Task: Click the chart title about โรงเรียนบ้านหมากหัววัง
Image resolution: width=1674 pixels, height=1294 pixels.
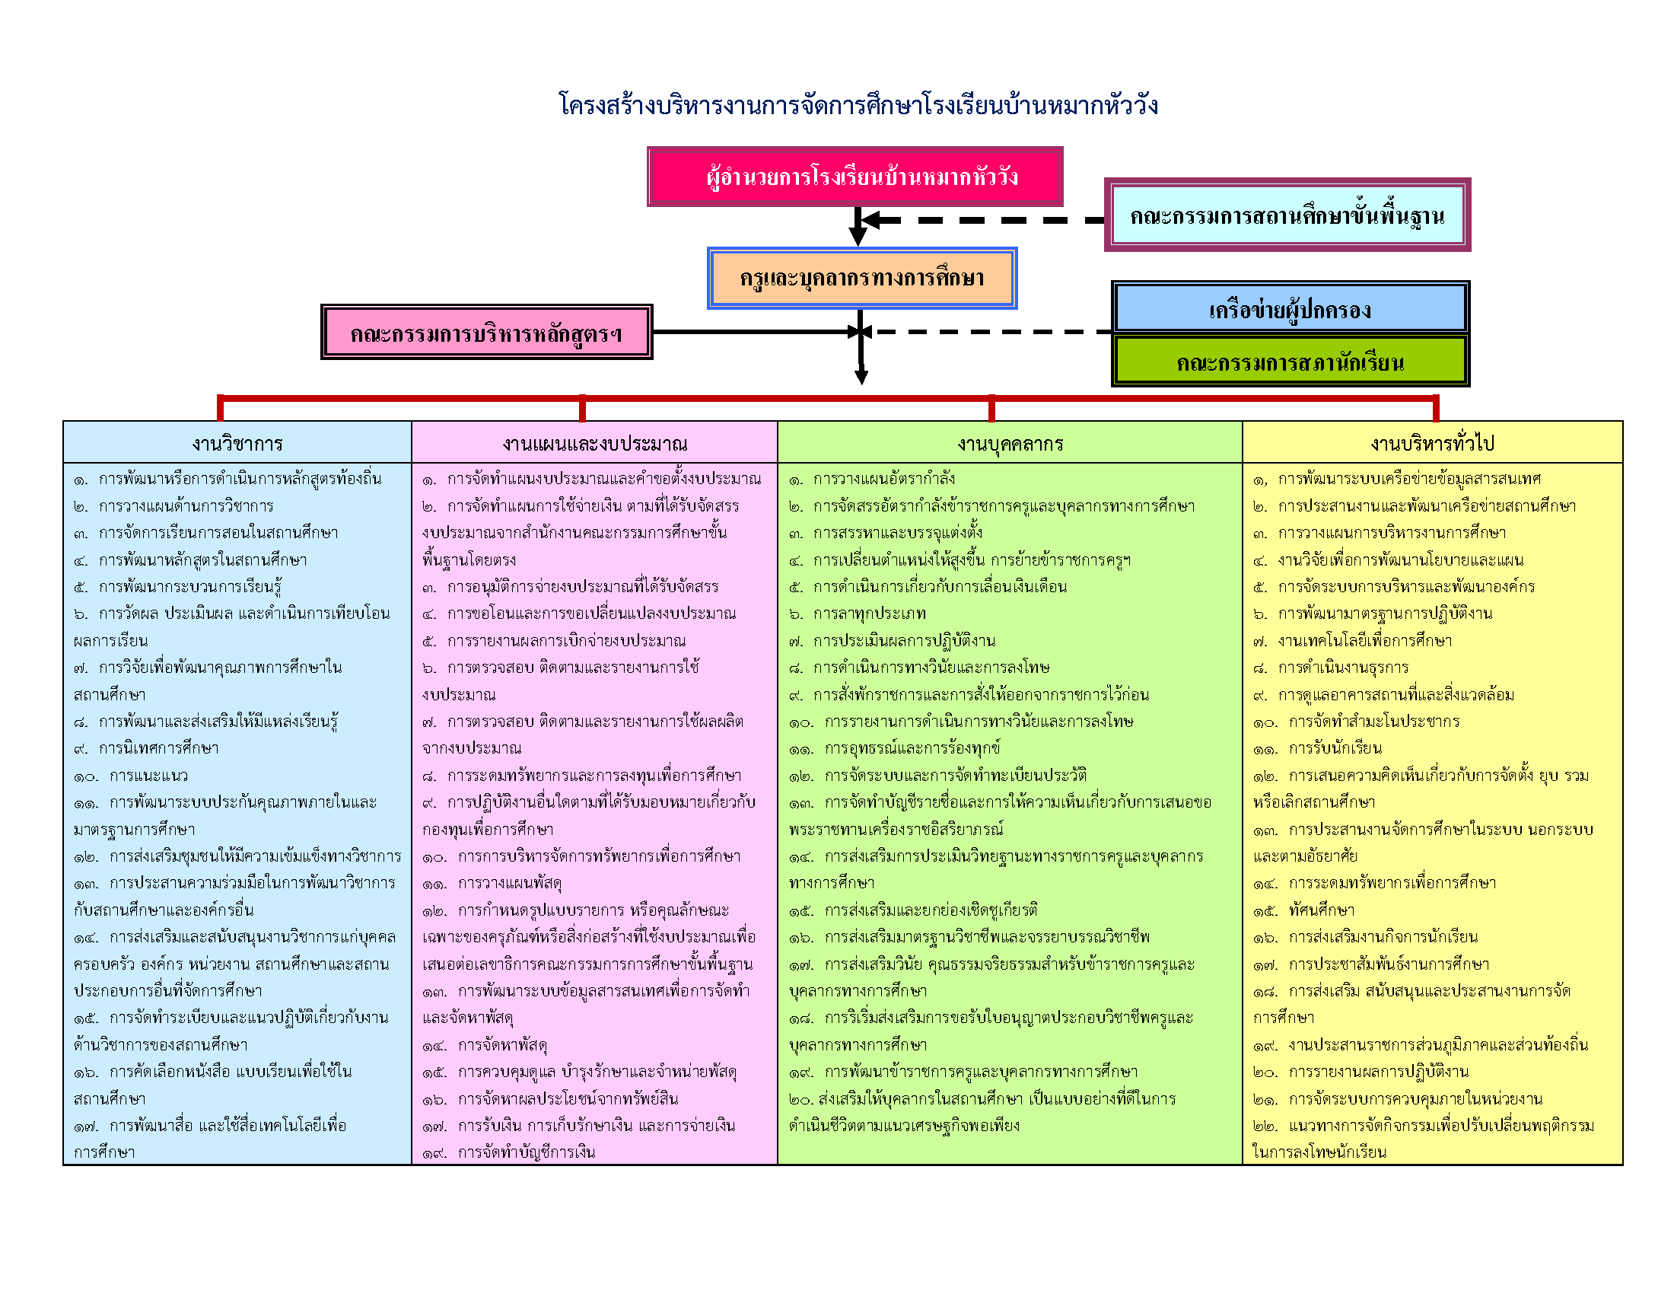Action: pyautogui.click(x=858, y=105)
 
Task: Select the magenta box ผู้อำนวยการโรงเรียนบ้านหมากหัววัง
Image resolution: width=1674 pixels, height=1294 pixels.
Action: pyautogui.click(x=855, y=177)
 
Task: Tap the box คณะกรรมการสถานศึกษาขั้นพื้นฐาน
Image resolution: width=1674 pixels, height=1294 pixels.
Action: pyautogui.click(x=1287, y=215)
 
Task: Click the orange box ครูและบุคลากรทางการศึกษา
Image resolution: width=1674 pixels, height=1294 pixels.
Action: pyautogui.click(x=861, y=279)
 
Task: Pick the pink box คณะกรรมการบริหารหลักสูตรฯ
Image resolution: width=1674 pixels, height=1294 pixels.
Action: pyautogui.click(x=486, y=333)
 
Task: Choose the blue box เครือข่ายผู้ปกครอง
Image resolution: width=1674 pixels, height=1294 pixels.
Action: pyautogui.click(x=1290, y=309)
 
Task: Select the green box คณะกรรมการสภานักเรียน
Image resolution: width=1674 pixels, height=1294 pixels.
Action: pyautogui.click(x=1290, y=362)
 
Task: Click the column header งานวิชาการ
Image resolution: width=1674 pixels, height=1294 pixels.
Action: pyautogui.click(x=237, y=443)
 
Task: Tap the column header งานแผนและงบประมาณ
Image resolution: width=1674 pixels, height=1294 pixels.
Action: pyautogui.click(x=595, y=443)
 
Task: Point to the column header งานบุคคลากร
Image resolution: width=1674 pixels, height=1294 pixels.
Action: pyautogui.click(x=1010, y=443)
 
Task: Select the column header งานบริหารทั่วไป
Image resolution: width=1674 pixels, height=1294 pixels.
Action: pyautogui.click(x=1433, y=443)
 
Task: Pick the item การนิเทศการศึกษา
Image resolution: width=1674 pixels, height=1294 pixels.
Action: pyautogui.click(x=158, y=748)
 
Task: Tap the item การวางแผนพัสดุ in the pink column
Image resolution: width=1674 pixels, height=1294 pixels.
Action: pyautogui.click(x=510, y=884)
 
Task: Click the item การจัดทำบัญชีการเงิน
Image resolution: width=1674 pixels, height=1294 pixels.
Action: pyautogui.click(x=526, y=1152)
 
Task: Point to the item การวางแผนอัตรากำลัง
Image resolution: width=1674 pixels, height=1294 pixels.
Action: pyautogui.click(x=883, y=479)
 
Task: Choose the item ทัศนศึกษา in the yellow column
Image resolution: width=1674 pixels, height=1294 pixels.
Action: pyautogui.click(x=1322, y=910)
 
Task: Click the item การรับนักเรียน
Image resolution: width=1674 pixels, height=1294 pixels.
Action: pyautogui.click(x=1335, y=748)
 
